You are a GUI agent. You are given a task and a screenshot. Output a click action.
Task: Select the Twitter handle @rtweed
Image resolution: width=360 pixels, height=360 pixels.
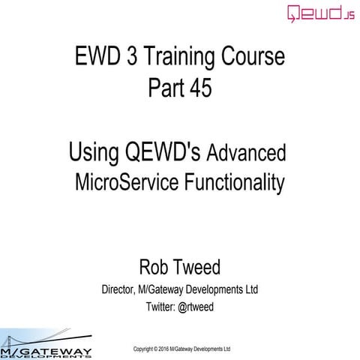point(197,307)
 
